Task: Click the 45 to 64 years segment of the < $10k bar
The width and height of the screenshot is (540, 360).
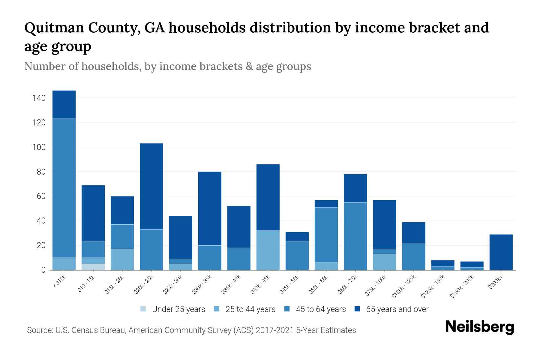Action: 64,188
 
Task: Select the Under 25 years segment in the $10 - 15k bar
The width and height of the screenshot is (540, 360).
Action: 93,267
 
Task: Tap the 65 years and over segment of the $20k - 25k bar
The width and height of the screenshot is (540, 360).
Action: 151,186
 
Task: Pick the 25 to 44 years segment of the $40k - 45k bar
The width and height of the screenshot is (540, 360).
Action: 268,250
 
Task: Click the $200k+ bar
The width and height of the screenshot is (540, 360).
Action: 501,252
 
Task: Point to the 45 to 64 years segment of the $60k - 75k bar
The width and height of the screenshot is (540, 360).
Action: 355,236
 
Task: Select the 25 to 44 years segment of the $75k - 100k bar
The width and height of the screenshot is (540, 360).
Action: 384,262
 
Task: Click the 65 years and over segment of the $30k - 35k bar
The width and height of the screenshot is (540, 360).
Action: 210,208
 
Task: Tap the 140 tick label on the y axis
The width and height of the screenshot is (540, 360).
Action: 39,98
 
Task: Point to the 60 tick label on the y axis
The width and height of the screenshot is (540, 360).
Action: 41,196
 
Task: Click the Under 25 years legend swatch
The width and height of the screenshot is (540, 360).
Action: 143,309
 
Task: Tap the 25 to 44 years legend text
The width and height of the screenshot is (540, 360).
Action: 250,309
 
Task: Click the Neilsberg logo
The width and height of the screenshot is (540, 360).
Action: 479,327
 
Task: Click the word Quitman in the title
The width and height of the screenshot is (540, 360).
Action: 54,28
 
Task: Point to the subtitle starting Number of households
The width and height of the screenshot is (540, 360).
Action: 167,66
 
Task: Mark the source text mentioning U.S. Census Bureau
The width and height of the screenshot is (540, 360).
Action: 191,330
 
